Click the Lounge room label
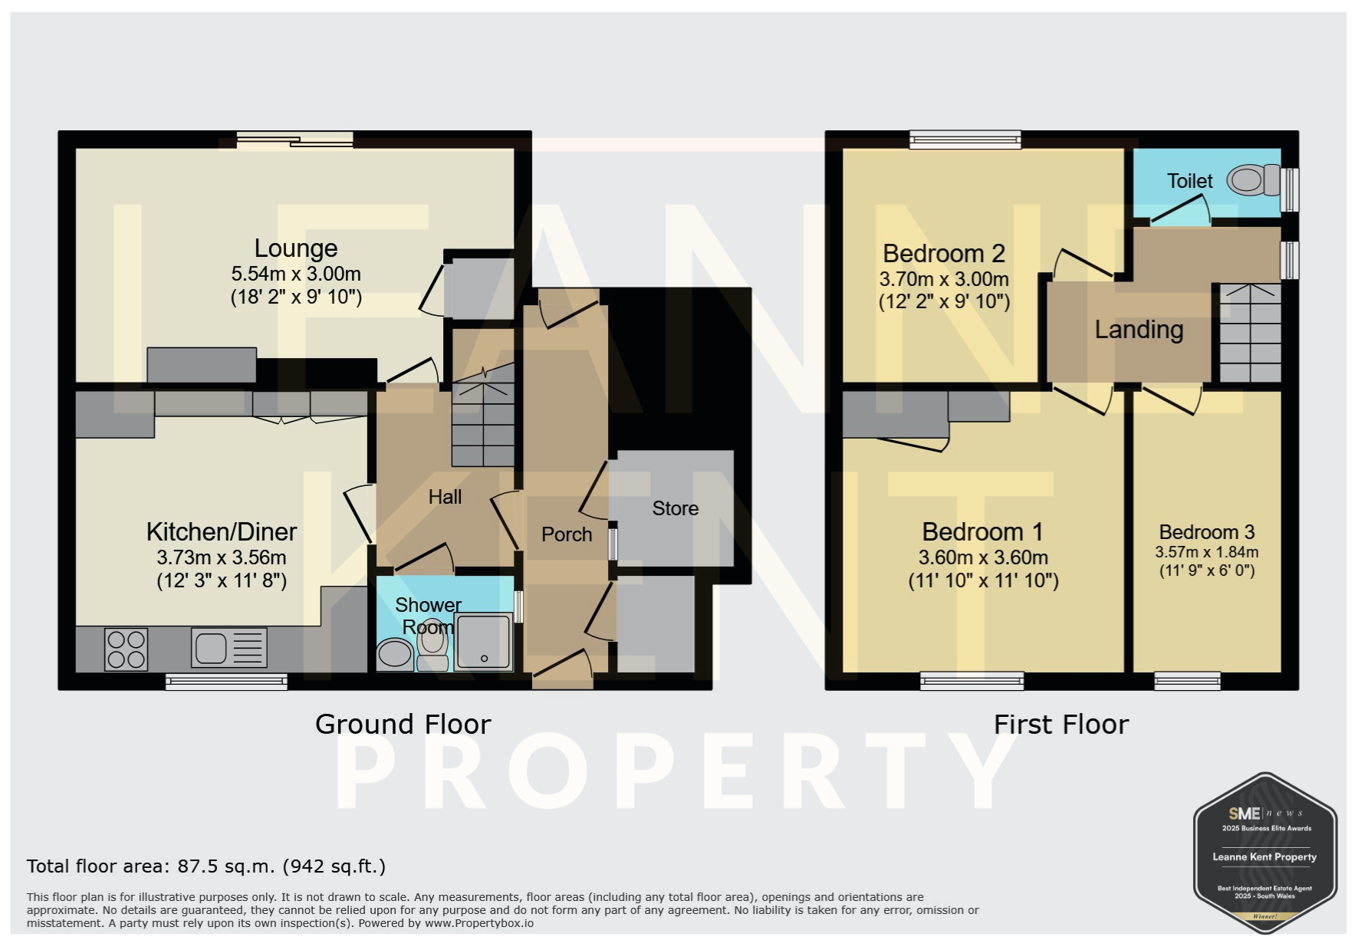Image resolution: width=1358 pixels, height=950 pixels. click(296, 248)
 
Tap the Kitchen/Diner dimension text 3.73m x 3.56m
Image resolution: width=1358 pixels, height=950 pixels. click(222, 557)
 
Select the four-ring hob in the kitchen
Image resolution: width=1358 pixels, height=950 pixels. click(127, 649)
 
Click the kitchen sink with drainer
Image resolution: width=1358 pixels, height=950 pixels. click(229, 648)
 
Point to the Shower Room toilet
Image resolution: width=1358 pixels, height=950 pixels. click(433, 646)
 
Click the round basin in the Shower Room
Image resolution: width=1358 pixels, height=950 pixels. click(395, 654)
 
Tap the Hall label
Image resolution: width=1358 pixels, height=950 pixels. click(445, 497)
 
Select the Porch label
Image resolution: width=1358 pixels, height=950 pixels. click(567, 534)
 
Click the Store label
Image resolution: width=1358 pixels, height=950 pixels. click(676, 508)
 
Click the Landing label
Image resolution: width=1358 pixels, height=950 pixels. click(1139, 330)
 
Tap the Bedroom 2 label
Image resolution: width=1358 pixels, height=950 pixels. click(944, 253)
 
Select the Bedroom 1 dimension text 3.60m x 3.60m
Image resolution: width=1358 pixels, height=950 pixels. click(984, 557)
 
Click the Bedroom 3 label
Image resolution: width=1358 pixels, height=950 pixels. click(1207, 532)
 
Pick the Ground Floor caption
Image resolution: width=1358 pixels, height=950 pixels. click(403, 725)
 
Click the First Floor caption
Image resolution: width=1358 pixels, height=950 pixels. click(1061, 725)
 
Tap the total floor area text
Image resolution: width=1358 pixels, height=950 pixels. click(206, 866)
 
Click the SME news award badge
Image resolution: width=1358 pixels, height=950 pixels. click(1265, 853)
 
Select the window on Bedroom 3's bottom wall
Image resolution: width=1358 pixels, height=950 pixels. click(1188, 681)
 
